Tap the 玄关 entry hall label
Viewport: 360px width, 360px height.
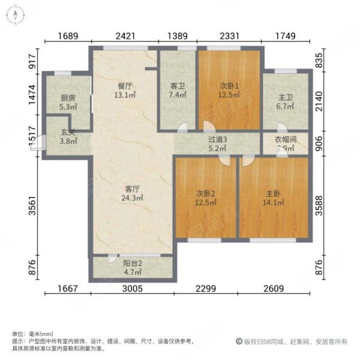point(68,134)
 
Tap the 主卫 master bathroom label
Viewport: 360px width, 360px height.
point(286,98)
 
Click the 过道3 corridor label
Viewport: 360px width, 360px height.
point(217,139)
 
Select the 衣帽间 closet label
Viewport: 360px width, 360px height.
point(286,139)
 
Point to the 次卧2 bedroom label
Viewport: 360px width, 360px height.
point(206,193)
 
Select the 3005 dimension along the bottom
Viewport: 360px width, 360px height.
point(133,289)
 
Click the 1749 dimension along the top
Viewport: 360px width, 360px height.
point(285,37)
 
